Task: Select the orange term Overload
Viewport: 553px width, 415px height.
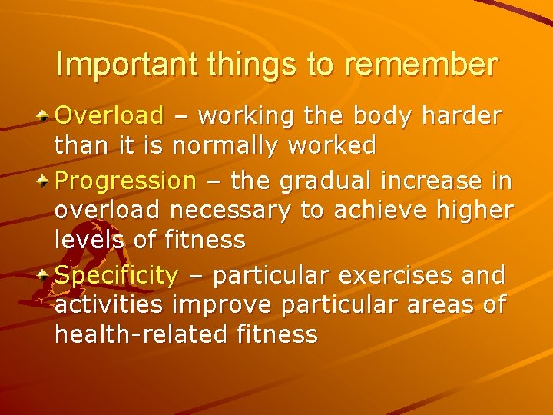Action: [x=110, y=116]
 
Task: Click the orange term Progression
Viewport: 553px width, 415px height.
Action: [x=126, y=181]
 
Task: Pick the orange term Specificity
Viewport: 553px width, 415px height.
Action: [x=117, y=274]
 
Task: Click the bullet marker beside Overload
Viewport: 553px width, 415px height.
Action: [x=46, y=117]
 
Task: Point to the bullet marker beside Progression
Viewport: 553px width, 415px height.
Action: [x=46, y=182]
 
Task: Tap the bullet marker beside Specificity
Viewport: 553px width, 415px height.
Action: [x=46, y=275]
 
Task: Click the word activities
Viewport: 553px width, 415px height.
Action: [x=109, y=304]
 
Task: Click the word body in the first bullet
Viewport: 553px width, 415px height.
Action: [x=381, y=116]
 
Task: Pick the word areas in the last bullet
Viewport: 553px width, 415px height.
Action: [x=432, y=305]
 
